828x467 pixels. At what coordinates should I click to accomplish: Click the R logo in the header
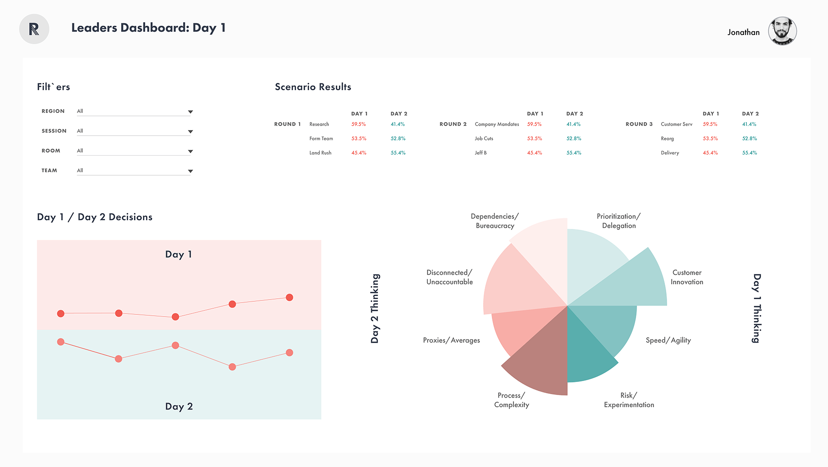point(34,29)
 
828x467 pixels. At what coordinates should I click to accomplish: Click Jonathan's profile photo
point(782,31)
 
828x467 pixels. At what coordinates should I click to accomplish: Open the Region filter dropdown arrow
point(190,112)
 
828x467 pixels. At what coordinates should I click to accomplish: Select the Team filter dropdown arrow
point(190,171)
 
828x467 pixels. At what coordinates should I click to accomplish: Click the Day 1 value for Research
point(358,124)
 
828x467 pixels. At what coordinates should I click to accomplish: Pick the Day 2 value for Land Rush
point(398,153)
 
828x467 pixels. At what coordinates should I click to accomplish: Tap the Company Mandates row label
point(497,124)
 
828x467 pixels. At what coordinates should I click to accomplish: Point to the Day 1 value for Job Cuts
point(535,139)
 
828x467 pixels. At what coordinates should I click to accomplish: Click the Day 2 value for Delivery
point(750,153)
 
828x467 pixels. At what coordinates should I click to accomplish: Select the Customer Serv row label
point(676,124)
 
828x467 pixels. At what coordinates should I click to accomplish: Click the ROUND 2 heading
point(453,124)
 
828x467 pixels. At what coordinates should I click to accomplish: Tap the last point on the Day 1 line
point(289,297)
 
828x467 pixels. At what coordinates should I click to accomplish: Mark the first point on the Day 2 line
point(61,342)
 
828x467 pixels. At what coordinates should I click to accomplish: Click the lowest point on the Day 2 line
point(232,367)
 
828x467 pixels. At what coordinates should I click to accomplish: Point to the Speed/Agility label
point(668,341)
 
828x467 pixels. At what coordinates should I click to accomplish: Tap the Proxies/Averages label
point(451,341)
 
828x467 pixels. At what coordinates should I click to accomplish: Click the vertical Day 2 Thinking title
point(375,308)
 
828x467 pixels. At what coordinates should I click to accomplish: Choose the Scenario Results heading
point(313,87)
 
